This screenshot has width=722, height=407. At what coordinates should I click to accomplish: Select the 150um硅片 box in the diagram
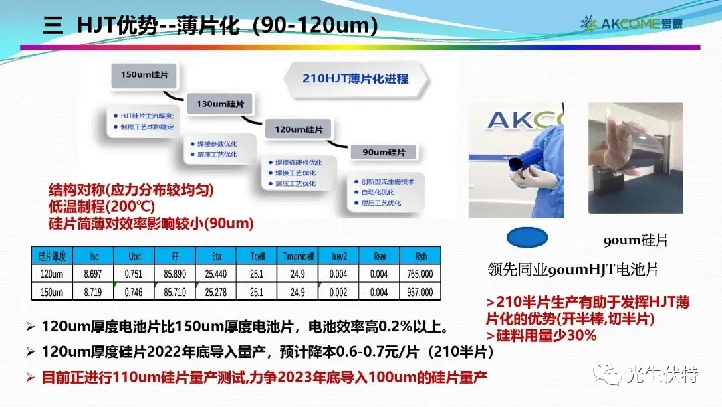tap(145, 74)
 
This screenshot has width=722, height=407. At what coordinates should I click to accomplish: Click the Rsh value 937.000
tap(420, 292)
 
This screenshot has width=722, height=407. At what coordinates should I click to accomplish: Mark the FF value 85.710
tap(174, 292)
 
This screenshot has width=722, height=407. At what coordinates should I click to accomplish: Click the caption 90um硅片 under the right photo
tap(636, 241)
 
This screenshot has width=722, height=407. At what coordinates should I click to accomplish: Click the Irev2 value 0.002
tap(338, 292)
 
